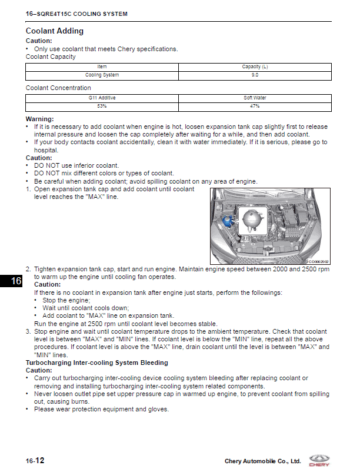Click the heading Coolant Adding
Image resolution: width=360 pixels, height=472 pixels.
click(55, 31)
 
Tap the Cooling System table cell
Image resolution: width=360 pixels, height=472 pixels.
click(102, 75)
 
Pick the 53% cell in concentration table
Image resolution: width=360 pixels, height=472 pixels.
click(102, 107)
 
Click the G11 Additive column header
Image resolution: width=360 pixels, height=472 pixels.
click(102, 98)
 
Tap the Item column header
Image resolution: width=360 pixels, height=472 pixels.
click(102, 67)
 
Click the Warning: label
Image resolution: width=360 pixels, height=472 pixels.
click(39, 119)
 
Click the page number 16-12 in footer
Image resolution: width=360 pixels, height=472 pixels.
click(35, 460)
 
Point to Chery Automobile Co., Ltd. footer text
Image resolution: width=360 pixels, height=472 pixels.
click(262, 461)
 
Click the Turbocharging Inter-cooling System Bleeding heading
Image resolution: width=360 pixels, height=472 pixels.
click(96, 363)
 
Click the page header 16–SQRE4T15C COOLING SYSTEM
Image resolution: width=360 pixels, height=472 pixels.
click(76, 14)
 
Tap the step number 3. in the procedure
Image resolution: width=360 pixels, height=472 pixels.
click(28, 332)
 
